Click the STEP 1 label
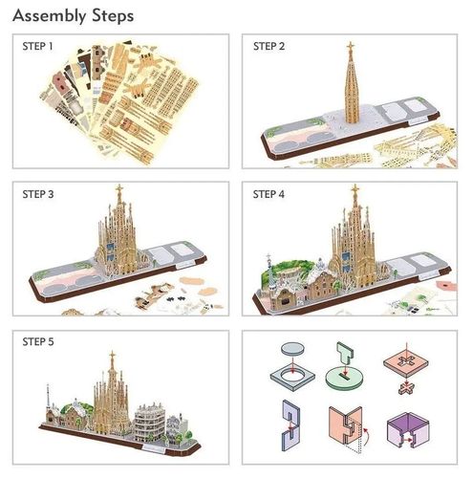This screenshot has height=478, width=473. point(38,45)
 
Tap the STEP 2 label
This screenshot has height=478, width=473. point(269,45)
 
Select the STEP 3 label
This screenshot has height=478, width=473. point(38,193)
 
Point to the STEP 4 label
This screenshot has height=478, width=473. point(269,193)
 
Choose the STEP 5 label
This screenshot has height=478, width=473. point(38,341)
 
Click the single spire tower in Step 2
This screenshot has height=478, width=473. point(350,91)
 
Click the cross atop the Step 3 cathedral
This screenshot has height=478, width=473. point(119,188)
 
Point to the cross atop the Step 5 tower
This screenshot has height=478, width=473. point(112,357)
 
